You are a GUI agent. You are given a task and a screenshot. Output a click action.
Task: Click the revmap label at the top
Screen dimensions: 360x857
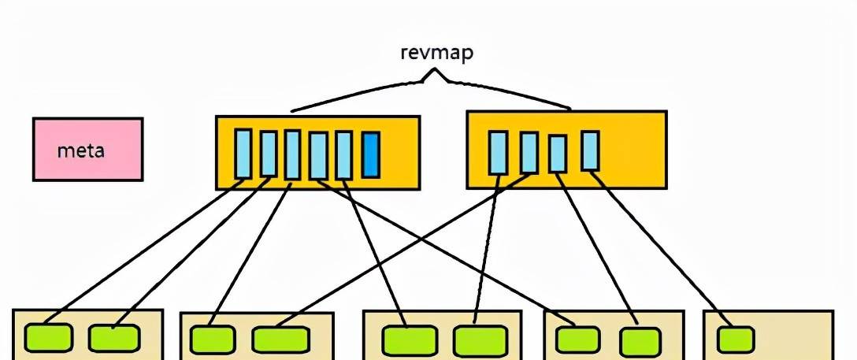437,54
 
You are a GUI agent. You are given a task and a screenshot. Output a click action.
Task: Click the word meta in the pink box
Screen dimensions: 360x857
81,150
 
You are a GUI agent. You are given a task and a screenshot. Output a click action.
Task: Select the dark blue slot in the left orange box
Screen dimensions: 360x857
371,154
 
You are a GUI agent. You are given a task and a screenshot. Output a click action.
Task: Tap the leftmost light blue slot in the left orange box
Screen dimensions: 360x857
243,154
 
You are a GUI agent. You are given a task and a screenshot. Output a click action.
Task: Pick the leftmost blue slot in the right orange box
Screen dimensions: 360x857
498,152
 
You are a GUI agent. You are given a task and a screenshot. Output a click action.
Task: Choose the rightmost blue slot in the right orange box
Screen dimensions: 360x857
590,150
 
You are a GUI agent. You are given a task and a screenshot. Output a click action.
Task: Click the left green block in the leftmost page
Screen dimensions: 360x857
48,337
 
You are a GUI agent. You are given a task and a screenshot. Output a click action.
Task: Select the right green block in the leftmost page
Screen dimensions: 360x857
114,337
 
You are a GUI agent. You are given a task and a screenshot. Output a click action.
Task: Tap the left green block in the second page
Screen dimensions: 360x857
213,340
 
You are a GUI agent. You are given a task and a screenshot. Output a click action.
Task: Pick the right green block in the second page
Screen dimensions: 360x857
280,340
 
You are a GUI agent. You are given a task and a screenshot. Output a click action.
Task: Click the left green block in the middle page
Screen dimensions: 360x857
409,340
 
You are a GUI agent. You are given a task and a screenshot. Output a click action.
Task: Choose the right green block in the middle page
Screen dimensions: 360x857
480,340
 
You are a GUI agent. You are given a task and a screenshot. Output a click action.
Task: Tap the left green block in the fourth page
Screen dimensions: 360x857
577,340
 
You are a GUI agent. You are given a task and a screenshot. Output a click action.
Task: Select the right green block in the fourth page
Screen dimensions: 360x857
640,341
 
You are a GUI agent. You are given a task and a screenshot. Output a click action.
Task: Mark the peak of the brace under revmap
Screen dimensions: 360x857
434,72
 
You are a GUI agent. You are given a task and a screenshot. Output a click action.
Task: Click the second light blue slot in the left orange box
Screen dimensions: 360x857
269,154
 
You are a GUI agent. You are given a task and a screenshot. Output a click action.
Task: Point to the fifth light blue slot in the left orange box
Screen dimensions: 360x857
343,155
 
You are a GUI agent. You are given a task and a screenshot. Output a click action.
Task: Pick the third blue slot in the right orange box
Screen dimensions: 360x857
558,154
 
